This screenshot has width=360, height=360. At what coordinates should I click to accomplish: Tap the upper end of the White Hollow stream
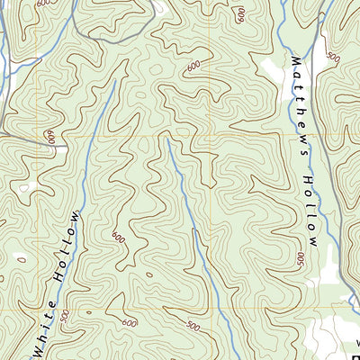pyautogui.click(x=115, y=79)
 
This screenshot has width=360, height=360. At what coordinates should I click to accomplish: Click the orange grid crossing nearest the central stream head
pyautogui.click(x=214, y=135)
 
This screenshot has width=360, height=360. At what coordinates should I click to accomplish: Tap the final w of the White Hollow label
pyautogui.click(x=76, y=219)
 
